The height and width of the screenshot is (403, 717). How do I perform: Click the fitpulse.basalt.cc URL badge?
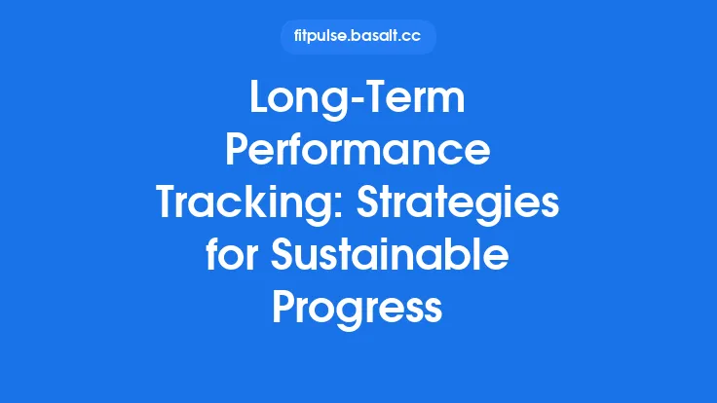coord(358,37)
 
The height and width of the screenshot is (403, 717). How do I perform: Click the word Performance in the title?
coord(358,153)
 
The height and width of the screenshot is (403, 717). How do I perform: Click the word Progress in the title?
coord(358,308)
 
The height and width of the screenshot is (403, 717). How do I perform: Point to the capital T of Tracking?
coord(169,204)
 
